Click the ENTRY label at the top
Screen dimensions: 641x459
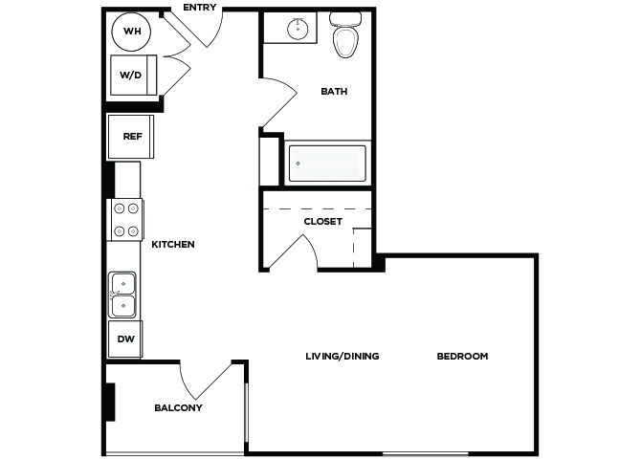pos(200,8)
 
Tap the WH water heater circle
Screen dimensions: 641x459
pos(131,32)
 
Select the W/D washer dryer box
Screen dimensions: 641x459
pos(134,76)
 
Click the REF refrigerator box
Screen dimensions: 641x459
pos(131,137)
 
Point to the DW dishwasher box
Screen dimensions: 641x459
pos(125,339)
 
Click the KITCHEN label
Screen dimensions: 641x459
pos(173,245)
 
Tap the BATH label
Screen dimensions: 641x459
pos(334,92)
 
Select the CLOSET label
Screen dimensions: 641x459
pos(323,222)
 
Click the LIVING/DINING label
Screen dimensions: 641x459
pos(343,357)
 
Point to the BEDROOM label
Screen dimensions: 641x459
pos(462,357)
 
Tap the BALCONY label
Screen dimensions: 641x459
pos(178,408)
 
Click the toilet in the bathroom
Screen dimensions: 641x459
pos(345,34)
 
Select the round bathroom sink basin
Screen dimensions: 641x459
pos(298,29)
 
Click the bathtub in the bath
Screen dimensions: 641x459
pos(327,164)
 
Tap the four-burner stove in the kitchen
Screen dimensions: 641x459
pos(125,220)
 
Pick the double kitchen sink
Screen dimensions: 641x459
pos(122,295)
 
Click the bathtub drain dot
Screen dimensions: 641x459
pos(298,164)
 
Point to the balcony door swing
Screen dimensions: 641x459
pos(207,382)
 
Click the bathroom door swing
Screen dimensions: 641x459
pos(279,102)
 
